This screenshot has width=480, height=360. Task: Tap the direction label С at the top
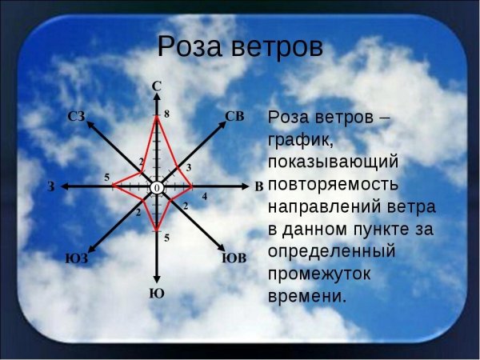point(157,85)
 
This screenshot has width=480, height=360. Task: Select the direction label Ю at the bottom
point(157,294)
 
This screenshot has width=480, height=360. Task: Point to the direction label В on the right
point(258,186)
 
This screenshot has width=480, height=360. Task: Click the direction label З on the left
point(51,186)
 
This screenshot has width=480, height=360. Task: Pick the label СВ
point(234,116)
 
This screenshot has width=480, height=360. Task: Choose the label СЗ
point(77,117)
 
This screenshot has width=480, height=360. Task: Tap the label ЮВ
point(234,258)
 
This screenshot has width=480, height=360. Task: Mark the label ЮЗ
point(76,258)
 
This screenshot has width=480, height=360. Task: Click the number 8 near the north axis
point(166,114)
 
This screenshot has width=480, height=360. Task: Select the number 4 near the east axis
point(204,196)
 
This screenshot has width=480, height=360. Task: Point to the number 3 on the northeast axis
point(188,167)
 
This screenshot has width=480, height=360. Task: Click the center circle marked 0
point(156,186)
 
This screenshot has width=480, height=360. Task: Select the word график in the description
point(298,139)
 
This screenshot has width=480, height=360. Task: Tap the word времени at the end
point(308,295)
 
